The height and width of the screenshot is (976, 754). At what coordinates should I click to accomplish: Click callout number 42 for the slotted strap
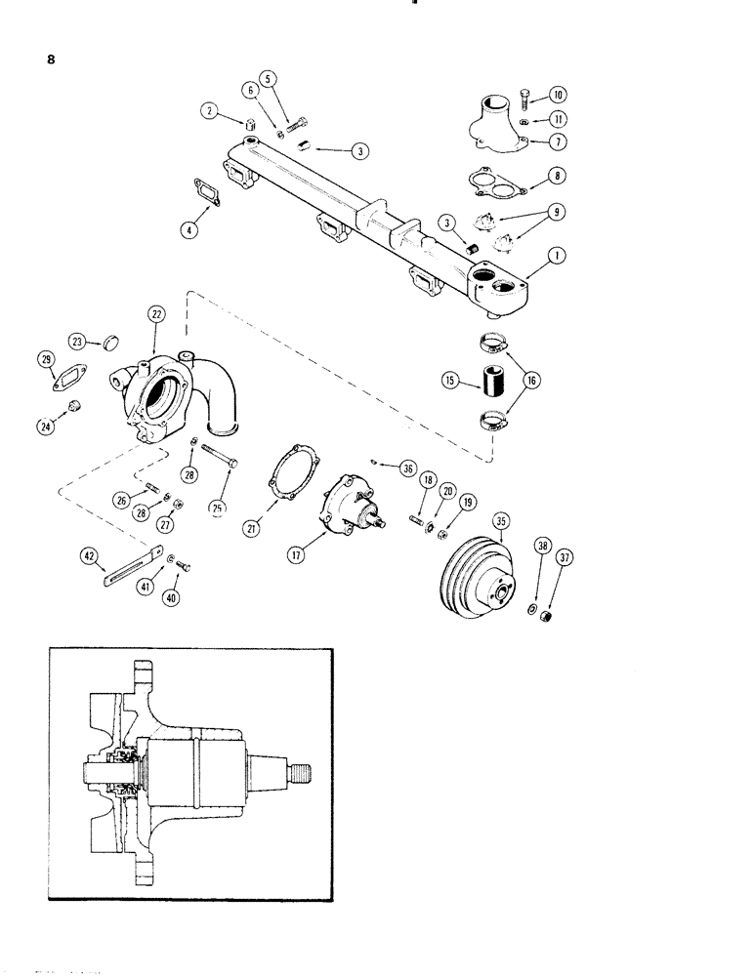point(90,555)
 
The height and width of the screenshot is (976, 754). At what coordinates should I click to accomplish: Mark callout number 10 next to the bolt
point(558,95)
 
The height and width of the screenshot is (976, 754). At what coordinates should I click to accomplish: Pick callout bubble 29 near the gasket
point(45,360)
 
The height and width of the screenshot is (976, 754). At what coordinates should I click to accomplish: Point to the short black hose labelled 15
point(489,380)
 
